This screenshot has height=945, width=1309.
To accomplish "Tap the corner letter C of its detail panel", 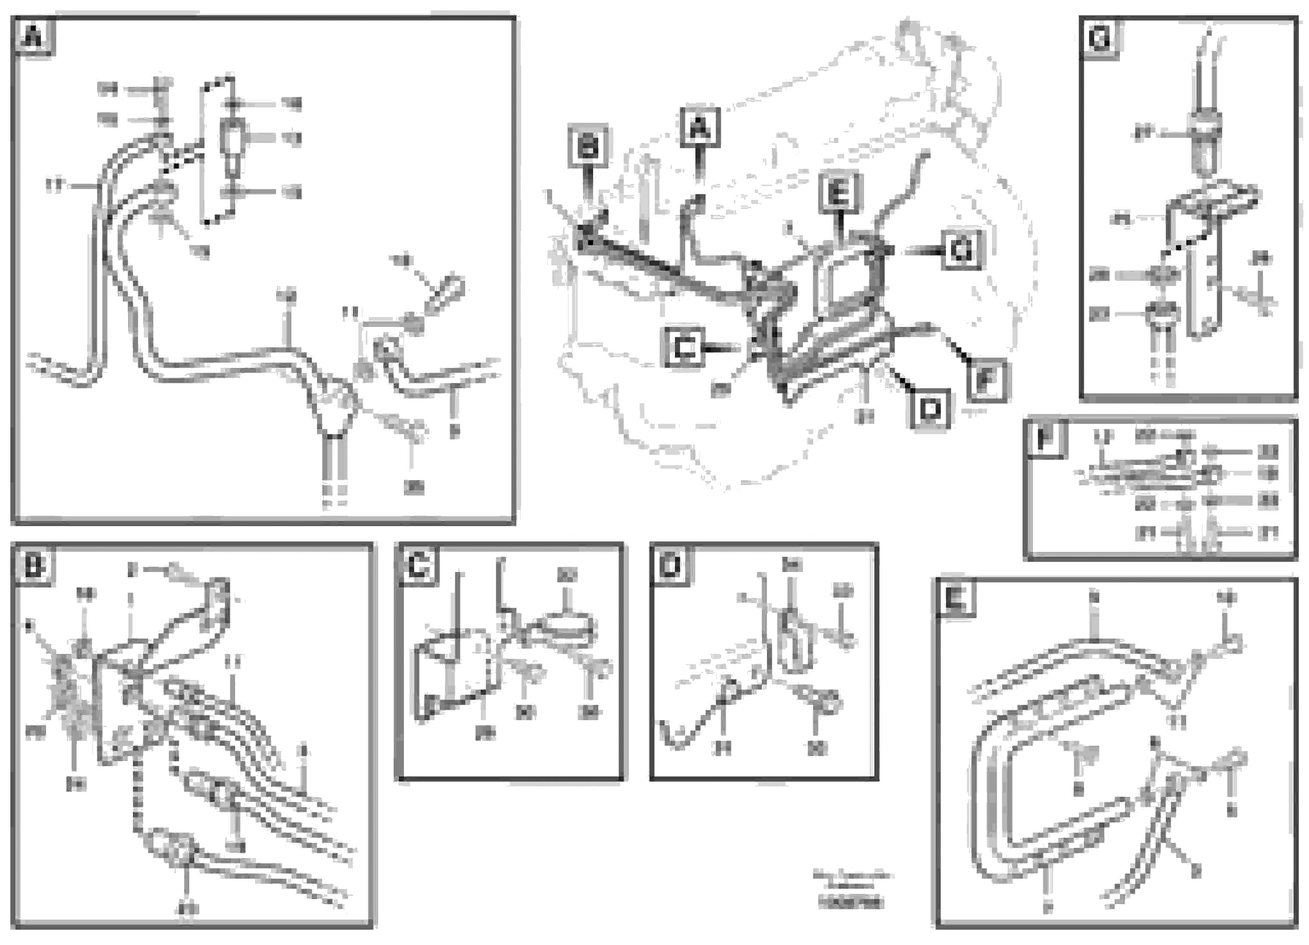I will [417, 565].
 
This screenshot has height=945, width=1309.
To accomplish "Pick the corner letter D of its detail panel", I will [670, 565].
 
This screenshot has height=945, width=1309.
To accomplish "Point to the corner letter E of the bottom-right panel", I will [955, 600].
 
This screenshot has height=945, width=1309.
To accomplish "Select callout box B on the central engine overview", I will [588, 146].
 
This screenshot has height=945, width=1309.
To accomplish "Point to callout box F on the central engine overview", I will [986, 380].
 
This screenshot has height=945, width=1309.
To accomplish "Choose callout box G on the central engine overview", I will [961, 250].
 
